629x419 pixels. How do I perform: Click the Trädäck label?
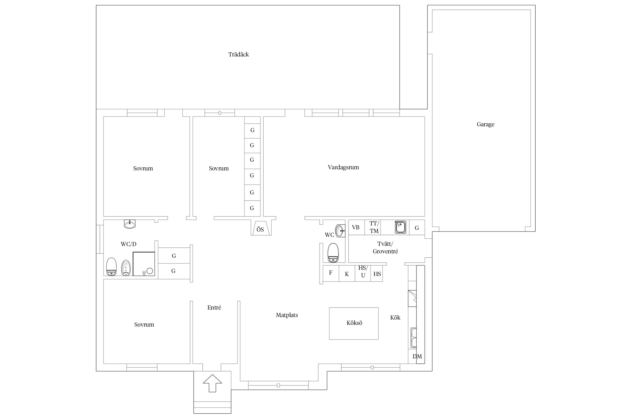(238, 54)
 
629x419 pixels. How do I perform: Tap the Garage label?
(486, 124)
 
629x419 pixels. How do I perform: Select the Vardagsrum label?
(343, 167)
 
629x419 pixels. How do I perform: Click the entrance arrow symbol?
(212, 383)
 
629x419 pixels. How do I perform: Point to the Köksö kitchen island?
(354, 323)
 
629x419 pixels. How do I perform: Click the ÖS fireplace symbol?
(261, 228)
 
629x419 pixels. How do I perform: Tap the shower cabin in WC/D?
(144, 264)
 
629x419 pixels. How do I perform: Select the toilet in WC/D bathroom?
(111, 267)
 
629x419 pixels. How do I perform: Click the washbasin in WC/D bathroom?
(130, 224)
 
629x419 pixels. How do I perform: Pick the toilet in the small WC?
(333, 253)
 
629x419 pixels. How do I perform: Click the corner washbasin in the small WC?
(340, 230)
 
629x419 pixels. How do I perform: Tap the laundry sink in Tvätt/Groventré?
(400, 227)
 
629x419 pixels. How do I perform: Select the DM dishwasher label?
(417, 356)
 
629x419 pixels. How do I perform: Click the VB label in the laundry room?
(356, 227)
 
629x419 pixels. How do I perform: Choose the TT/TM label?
(374, 227)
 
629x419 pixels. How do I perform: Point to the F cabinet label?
(331, 273)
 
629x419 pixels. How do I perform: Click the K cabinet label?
(347, 274)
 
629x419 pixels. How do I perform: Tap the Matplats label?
(287, 315)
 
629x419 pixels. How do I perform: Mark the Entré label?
(214, 308)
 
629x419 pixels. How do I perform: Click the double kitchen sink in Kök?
(413, 338)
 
